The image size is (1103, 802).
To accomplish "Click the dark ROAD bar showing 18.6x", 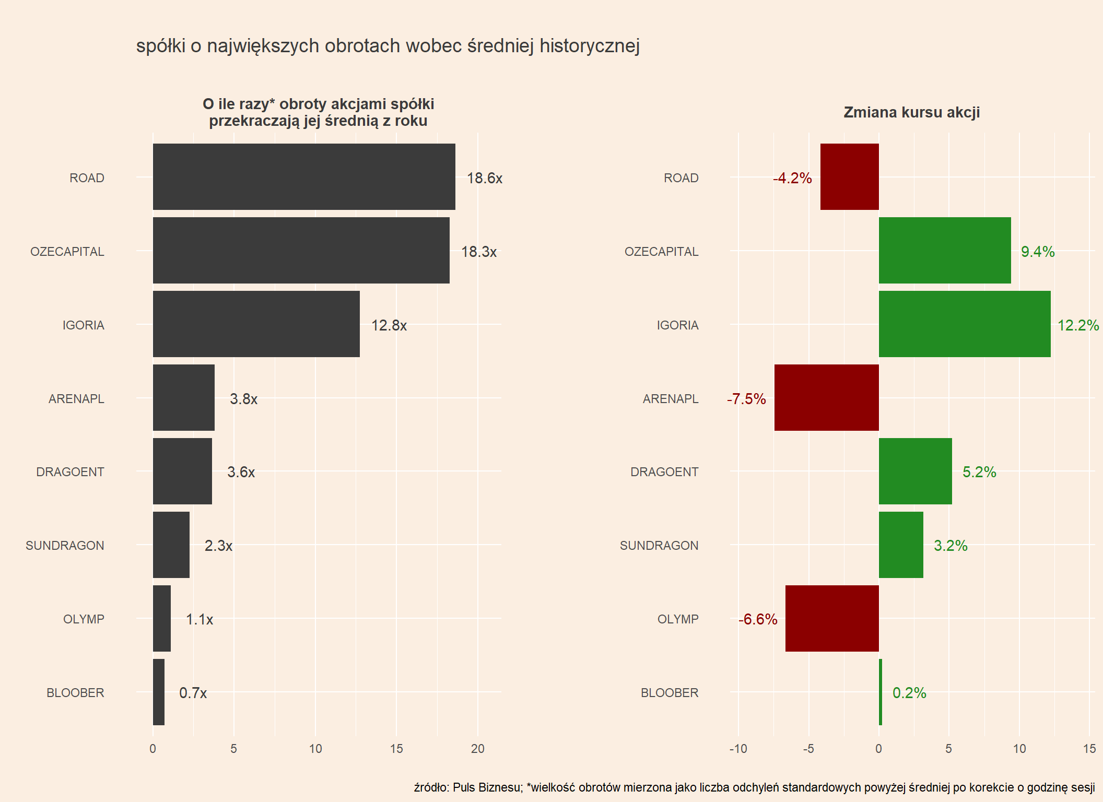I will [304, 176].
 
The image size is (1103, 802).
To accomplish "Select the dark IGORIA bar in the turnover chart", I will [256, 324].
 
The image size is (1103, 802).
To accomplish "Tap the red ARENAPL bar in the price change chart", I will [826, 397].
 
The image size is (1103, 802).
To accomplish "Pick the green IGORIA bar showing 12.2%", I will [965, 324].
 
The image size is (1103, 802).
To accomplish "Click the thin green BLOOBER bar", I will [881, 692].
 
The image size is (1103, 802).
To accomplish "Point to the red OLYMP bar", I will [832, 618].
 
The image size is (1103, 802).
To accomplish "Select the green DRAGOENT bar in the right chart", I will [915, 471].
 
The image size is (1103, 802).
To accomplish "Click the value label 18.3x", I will [478, 252].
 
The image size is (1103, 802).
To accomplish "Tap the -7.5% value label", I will [746, 399].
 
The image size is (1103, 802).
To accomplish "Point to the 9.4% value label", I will [1038, 252].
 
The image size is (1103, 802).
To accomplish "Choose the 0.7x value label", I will [193, 693].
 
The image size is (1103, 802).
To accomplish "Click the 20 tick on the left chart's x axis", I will [477, 749].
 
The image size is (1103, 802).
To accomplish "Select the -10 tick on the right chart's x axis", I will [738, 749].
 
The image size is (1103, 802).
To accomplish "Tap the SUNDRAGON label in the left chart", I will [65, 546].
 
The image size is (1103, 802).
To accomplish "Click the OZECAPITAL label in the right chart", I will [661, 252].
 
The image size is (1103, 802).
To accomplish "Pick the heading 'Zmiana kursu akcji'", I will [911, 112].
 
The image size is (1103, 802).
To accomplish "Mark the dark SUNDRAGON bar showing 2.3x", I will [171, 545].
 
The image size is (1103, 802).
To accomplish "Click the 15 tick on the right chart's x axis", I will [1089, 749].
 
